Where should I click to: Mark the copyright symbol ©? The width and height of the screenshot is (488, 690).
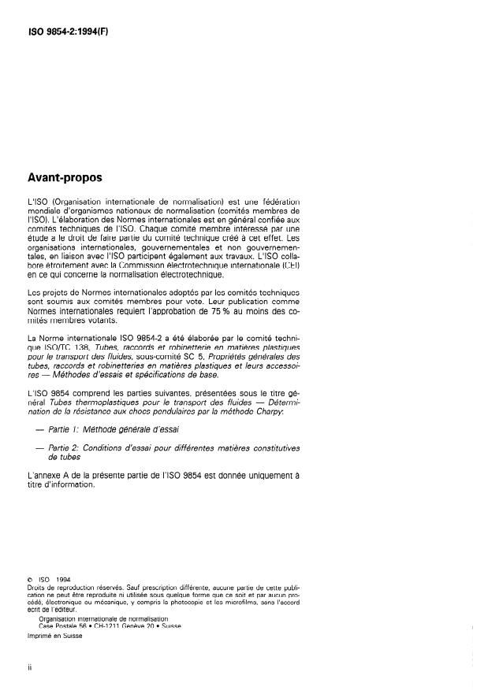[29, 583]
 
